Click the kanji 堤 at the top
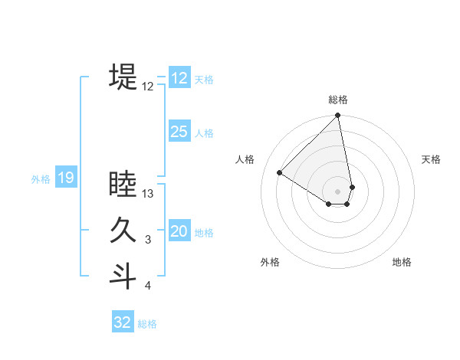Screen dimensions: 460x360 pos(123,77)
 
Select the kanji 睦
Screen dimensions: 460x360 pos(123,185)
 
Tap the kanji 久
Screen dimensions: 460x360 pos(123,231)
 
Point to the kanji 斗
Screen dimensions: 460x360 pos(123,277)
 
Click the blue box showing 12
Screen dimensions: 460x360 pos(179,78)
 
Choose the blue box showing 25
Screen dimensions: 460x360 pos(179,132)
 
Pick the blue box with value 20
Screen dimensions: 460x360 pos(179,231)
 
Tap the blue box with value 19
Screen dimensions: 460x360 pos(65,178)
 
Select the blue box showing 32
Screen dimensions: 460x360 pos(123,322)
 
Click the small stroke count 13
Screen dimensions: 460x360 pos(148,195)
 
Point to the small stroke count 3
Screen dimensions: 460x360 pos(148,241)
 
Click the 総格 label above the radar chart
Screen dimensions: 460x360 pos(338,100)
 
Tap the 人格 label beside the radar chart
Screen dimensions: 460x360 pos(245,159)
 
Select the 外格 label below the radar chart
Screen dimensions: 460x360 pos(270,262)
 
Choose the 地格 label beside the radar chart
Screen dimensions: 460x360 pos(402,262)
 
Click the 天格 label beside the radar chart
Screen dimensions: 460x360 pos(431,159)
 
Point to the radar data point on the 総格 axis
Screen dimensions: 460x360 pos(337,116)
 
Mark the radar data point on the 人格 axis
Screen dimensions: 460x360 pos(280,172)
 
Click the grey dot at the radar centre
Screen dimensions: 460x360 pos(337,191)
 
